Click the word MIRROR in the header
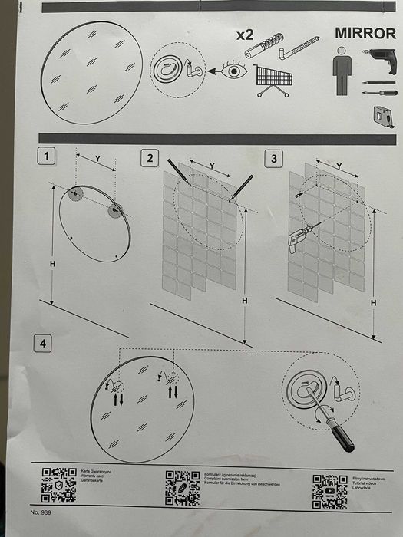pyautogui.click(x=365, y=34)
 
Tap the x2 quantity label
pyautogui.click(x=245, y=35)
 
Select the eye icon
pyautogui.click(x=231, y=71)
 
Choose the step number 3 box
pyautogui.click(x=273, y=159)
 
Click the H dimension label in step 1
pyautogui.click(x=51, y=262)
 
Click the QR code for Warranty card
pyautogui.click(x=58, y=486)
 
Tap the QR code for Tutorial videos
pyautogui.click(x=331, y=489)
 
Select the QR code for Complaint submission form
pyautogui.click(x=182, y=486)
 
